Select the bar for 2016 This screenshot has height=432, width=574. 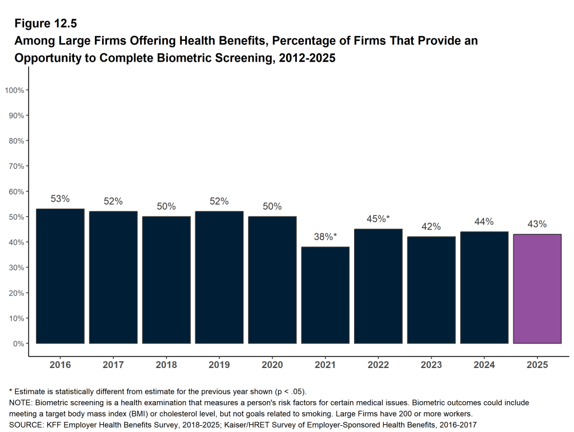tap(60, 276)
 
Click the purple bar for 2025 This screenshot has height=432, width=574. tap(537, 289)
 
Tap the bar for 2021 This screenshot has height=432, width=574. tap(325, 295)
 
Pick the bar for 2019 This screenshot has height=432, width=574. tap(219, 277)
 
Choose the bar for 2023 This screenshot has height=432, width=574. tap(431, 290)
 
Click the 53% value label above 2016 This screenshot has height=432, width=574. tap(60, 199)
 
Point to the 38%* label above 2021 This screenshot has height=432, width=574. tap(325, 237)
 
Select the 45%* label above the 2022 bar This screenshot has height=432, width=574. tap(378, 219)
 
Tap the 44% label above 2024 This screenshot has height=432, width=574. tap(484, 222)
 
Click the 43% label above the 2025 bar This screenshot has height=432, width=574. tap(537, 224)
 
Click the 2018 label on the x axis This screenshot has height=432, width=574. tap(166, 365)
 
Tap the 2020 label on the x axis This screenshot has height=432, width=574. tap(272, 365)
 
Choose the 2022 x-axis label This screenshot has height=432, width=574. tap(378, 365)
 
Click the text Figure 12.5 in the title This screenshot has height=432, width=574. tap(45, 24)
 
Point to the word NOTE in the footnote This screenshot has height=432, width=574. tap(19, 403)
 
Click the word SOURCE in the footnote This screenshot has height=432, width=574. tap(25, 425)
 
